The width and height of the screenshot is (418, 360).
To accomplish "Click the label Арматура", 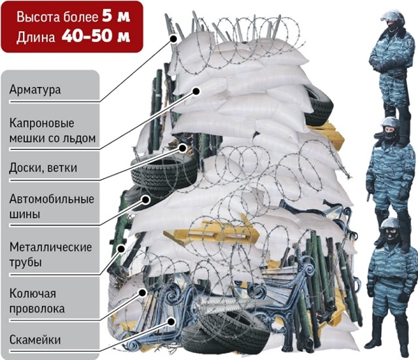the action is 36,90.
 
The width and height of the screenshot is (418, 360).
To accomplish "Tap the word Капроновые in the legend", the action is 42,123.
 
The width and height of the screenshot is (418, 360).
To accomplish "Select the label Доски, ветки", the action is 43,168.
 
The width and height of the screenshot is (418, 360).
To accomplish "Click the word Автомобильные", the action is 52,199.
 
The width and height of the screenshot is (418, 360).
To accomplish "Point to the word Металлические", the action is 51,247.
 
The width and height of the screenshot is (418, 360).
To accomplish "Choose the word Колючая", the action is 33,294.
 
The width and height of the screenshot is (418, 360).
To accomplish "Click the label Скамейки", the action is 35,340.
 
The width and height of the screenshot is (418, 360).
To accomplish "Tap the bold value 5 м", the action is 116,17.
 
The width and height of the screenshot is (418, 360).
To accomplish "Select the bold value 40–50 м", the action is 96,36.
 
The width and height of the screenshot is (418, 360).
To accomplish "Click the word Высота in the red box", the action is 38,17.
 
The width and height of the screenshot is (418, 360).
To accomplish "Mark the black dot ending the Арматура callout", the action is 173,39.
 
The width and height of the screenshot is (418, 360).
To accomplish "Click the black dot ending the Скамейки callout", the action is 171,322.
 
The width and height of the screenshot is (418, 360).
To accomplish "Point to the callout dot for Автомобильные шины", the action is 146,200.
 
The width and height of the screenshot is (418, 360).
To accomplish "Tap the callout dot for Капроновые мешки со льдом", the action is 196,91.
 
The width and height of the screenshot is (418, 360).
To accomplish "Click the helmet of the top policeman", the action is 393,17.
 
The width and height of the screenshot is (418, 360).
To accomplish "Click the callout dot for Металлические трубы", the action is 121,249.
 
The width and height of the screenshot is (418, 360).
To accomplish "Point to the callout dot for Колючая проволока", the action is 143,292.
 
